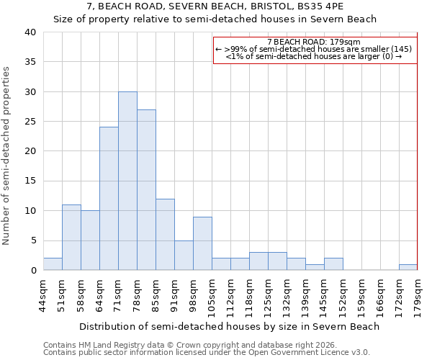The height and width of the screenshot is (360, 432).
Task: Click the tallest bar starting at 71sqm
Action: (x=127, y=181)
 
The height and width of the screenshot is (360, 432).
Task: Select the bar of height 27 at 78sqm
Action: (x=146, y=190)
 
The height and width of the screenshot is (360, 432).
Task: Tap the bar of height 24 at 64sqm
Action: (x=109, y=199)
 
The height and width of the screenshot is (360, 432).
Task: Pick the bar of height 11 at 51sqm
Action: (x=71, y=238)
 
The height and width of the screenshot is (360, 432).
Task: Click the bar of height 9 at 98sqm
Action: (x=202, y=243)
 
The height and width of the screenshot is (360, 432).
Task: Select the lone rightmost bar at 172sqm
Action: (x=408, y=267)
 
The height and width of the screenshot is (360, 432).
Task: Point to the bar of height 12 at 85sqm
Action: (x=165, y=235)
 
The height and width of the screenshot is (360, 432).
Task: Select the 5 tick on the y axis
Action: (x=32, y=240)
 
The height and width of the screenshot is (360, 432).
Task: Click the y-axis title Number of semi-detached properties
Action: (x=7, y=156)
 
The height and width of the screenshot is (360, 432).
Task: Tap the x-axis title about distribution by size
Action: (x=229, y=326)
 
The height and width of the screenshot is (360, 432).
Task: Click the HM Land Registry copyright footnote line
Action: (x=191, y=345)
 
